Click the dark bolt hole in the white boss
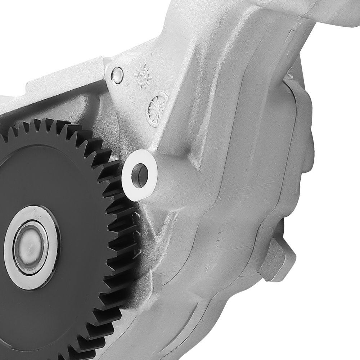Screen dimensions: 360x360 [x=140, y=175]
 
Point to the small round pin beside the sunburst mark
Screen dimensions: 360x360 [x=117, y=75]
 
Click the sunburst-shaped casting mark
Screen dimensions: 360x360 [x=143, y=76]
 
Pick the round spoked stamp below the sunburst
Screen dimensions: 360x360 [x=157, y=108]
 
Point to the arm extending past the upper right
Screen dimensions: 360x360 [x=324, y=14]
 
